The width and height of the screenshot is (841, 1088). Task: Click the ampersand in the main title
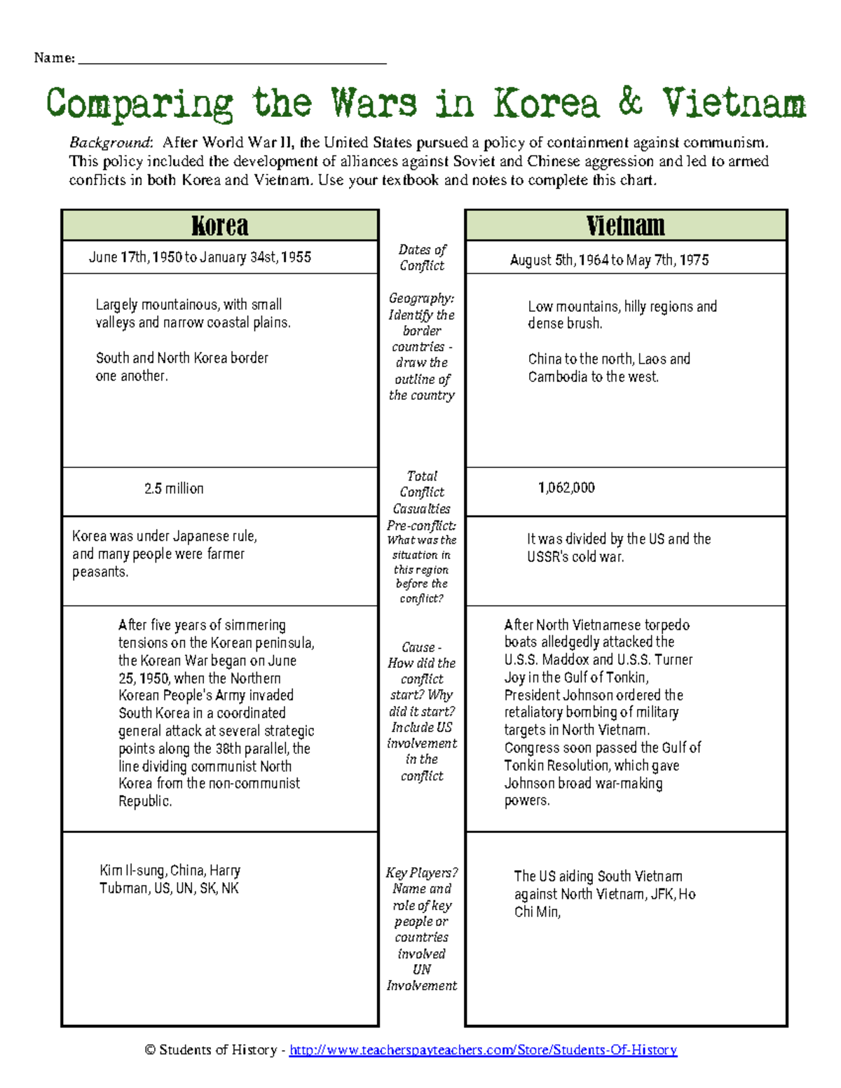(x=630, y=102)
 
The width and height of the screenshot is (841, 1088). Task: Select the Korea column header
(x=220, y=226)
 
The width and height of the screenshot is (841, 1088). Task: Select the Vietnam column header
(x=625, y=226)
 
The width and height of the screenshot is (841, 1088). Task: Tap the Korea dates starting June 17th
(x=200, y=257)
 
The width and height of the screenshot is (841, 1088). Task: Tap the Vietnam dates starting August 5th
(x=609, y=260)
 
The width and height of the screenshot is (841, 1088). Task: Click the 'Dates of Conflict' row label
(x=422, y=257)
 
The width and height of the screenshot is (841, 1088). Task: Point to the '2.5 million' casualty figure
(x=174, y=488)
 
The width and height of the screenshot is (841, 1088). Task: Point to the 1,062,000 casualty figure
(x=566, y=488)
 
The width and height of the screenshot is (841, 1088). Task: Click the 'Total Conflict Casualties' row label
(x=422, y=492)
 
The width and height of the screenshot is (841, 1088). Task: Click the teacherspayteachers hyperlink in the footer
(x=483, y=1049)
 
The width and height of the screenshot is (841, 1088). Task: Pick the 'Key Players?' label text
(x=422, y=873)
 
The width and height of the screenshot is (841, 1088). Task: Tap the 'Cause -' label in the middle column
(x=422, y=647)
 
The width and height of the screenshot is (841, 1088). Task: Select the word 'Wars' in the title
(x=374, y=103)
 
